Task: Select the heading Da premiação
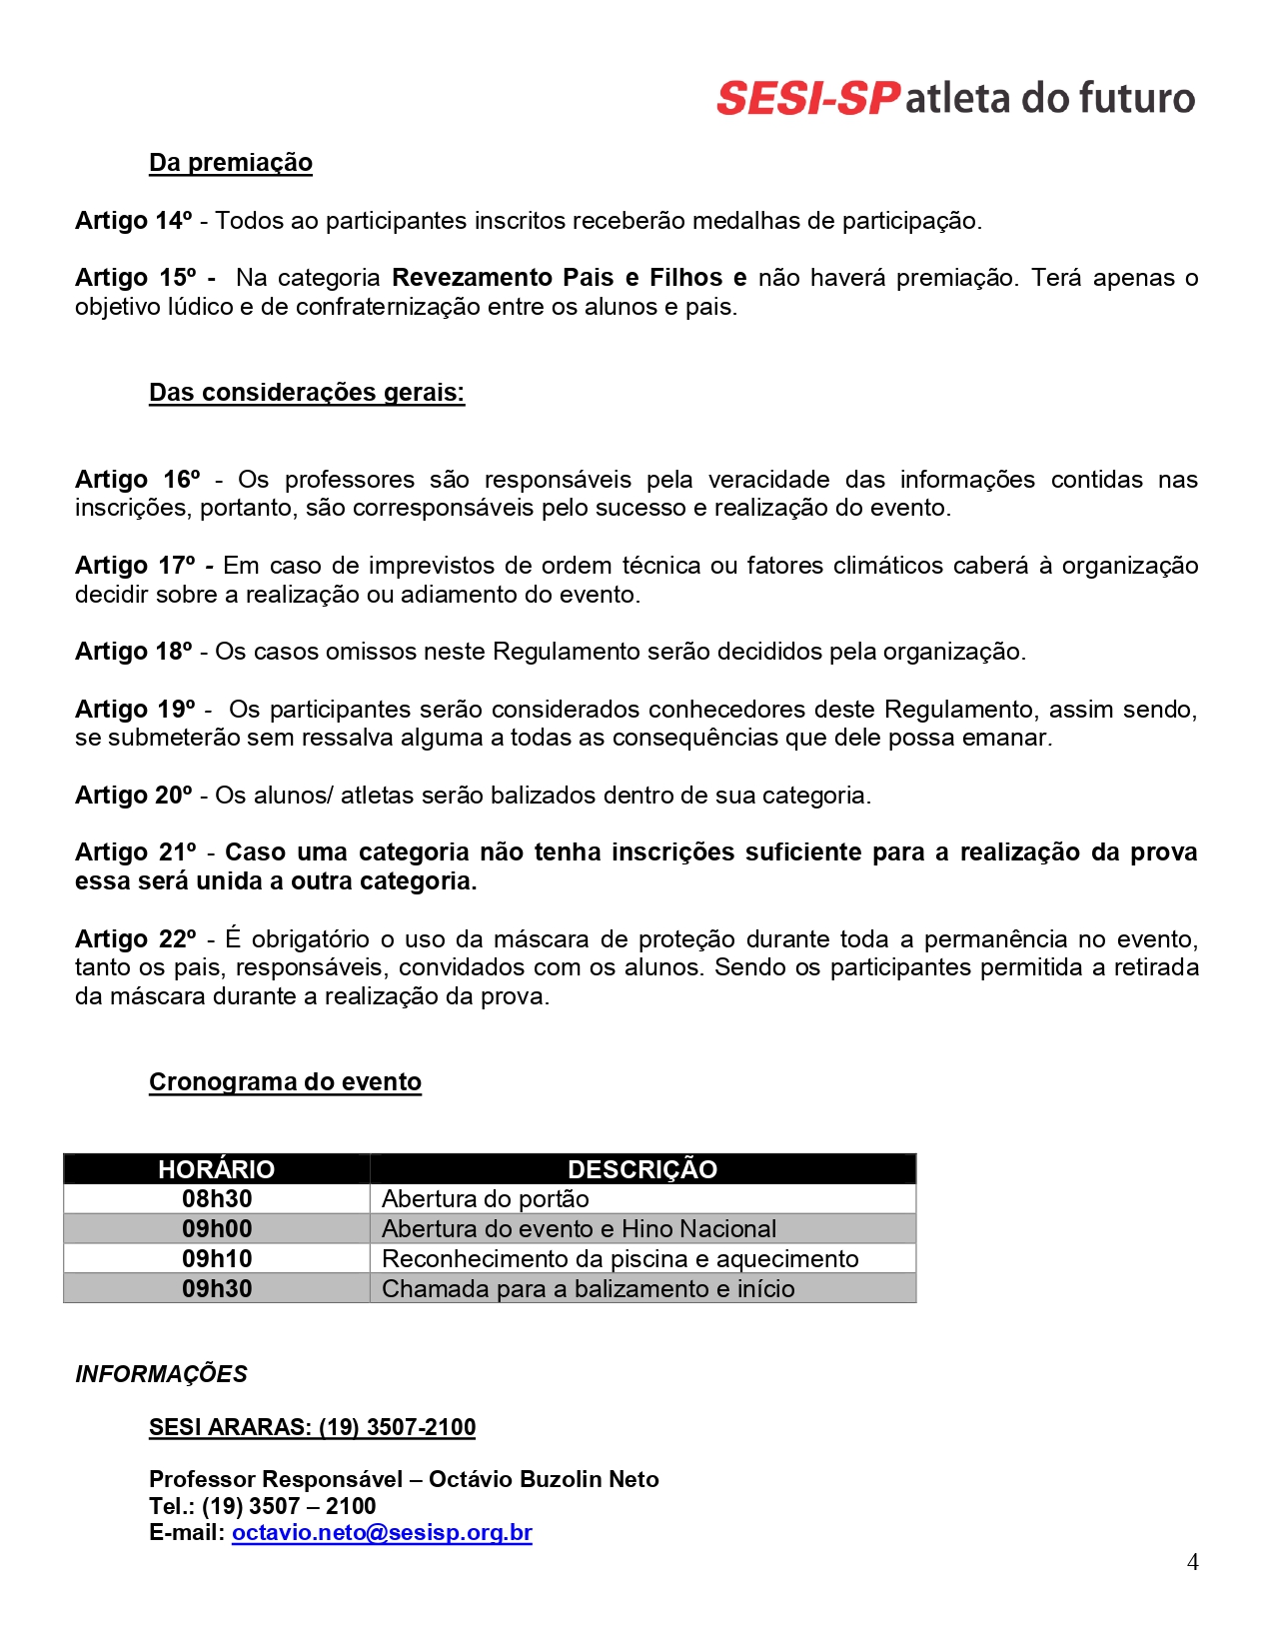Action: point(230,163)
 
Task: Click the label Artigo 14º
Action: point(133,221)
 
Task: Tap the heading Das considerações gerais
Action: point(307,393)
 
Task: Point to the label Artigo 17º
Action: point(135,566)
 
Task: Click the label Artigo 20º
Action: point(133,796)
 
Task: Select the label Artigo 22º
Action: point(135,939)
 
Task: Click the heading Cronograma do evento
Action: point(285,1082)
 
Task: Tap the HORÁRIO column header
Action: point(216,1169)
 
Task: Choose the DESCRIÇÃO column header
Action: point(642,1169)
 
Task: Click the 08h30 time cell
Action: point(217,1199)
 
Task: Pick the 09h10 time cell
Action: point(217,1259)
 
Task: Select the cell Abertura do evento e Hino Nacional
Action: point(579,1229)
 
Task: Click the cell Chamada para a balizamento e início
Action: point(588,1289)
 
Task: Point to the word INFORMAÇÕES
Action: point(161,1374)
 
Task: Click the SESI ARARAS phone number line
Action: point(312,1427)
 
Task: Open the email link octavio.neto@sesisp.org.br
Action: point(382,1533)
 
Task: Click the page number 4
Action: point(1192,1562)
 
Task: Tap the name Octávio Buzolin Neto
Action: point(544,1479)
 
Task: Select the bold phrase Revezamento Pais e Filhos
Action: point(557,278)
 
